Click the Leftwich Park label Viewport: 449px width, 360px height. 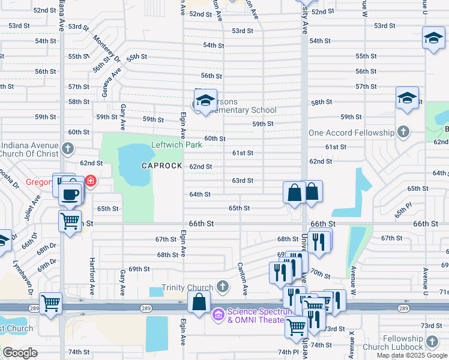176,145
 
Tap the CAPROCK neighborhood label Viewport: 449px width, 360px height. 161,165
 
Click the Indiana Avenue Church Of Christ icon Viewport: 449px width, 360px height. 68,148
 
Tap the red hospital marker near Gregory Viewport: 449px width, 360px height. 90,181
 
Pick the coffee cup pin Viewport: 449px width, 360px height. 71,195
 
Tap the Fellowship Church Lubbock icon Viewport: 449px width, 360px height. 432,343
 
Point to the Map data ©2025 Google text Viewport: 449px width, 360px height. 412,355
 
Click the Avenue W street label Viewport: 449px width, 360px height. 352,282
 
